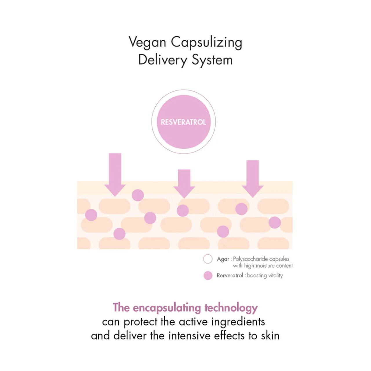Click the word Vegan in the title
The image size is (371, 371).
[x=147, y=42]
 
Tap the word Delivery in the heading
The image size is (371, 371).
[x=163, y=60]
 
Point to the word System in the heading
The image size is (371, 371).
[x=212, y=60]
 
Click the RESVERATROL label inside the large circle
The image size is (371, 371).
[x=183, y=122]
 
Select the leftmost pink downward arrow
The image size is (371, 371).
[x=115, y=174]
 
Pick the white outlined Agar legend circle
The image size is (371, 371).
[x=208, y=259]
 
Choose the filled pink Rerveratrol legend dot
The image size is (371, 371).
[x=208, y=275]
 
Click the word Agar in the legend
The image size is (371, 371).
[x=223, y=259]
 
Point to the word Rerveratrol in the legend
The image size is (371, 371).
[x=230, y=275]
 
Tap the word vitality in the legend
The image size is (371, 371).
[x=275, y=275]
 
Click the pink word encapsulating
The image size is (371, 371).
[x=167, y=308]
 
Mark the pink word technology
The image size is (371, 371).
[x=231, y=308]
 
